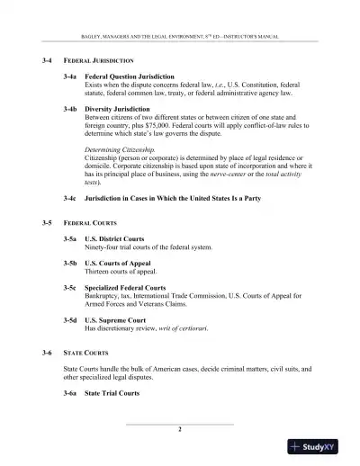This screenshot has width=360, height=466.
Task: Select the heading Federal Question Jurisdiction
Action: tap(130, 77)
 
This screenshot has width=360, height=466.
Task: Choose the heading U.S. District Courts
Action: tap(114, 238)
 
